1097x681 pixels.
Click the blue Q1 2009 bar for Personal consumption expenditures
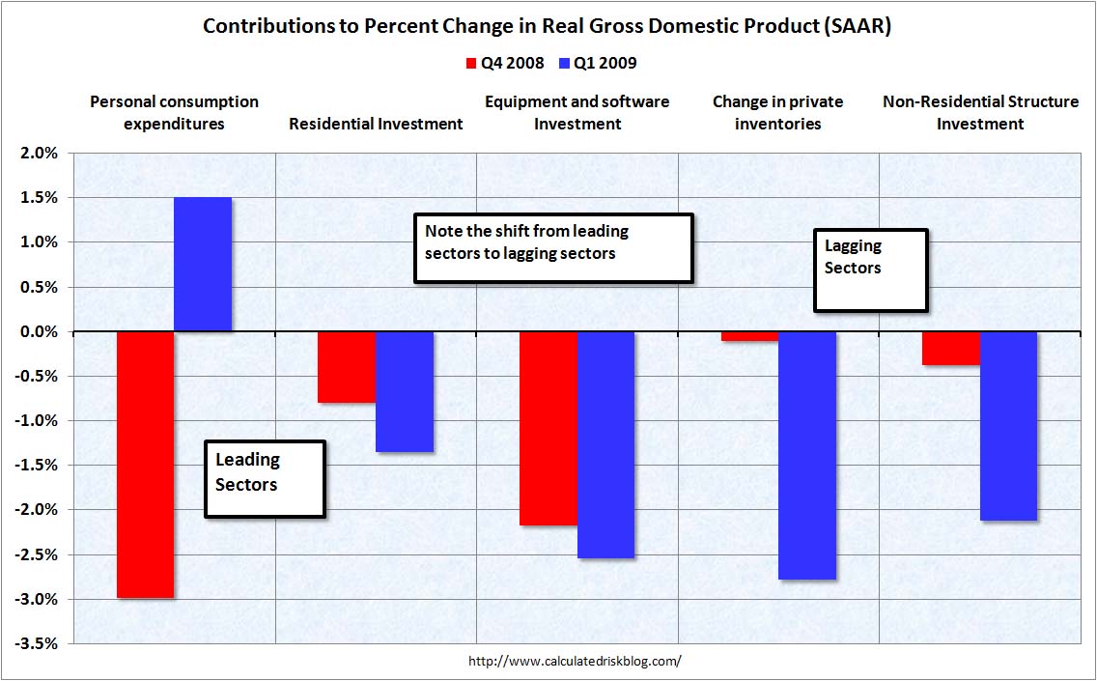(203, 265)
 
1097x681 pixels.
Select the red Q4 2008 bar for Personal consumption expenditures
(145, 464)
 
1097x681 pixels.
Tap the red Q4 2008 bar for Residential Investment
(347, 367)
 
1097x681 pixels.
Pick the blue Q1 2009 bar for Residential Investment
(405, 391)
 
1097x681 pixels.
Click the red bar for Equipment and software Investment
(548, 428)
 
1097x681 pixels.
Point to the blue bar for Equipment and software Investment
(606, 444)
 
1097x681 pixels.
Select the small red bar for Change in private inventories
(749, 336)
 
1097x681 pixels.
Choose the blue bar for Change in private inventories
(807, 455)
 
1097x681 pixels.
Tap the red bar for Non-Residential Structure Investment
(951, 349)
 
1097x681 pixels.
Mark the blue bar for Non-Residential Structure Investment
(1009, 426)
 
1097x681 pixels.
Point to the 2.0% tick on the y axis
(40, 154)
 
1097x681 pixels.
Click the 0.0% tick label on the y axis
(40, 332)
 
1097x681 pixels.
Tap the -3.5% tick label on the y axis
(38, 644)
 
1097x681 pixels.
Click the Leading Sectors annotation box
(265, 478)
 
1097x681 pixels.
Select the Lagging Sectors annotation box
(871, 270)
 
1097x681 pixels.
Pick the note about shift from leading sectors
(553, 248)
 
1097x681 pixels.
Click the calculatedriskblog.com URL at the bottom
(575, 662)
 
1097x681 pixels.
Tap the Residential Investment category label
(377, 124)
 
